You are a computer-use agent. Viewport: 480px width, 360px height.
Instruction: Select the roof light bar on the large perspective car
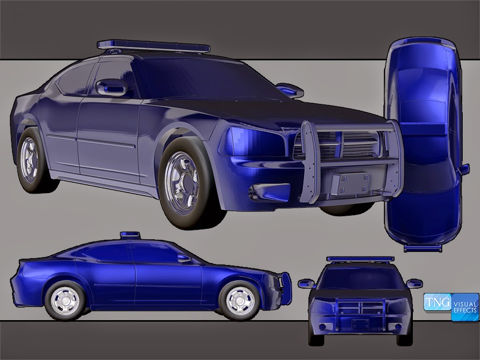coord(154,46)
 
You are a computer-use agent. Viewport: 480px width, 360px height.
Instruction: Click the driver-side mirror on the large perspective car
coord(111,87)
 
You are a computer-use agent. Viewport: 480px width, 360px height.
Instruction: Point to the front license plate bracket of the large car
coord(350,183)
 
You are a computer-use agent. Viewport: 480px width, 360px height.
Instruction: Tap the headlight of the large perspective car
coord(254,142)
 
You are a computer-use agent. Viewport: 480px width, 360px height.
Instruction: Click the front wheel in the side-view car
coord(241,300)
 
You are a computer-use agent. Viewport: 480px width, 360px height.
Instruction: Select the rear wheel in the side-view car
coord(65,300)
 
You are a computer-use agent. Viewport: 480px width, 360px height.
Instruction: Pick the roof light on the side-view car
coord(130,235)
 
